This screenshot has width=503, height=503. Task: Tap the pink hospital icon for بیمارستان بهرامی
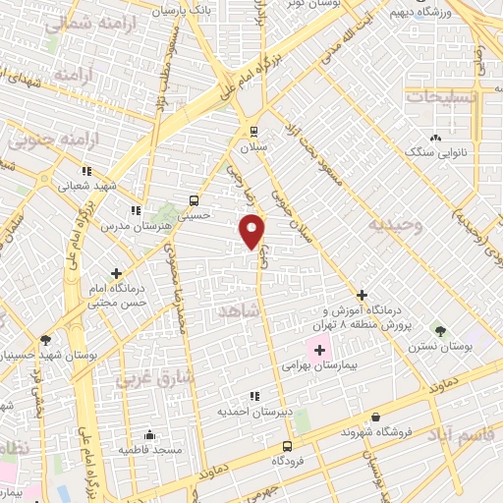point(320,349)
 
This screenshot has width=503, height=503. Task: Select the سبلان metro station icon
point(254,132)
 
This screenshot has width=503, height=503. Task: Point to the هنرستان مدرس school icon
point(135,210)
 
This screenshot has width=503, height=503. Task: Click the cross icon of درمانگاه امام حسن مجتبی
point(117,273)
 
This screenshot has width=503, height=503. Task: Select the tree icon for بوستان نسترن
point(440,331)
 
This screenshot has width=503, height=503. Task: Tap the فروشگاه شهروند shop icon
point(374,417)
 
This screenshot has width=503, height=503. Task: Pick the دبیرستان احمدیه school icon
point(254,396)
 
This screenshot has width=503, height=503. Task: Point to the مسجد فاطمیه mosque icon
point(149,434)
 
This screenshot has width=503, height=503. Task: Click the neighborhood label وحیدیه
point(394,224)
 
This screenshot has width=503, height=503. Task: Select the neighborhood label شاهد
point(240,310)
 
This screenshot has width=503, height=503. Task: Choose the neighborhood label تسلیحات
point(441,96)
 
